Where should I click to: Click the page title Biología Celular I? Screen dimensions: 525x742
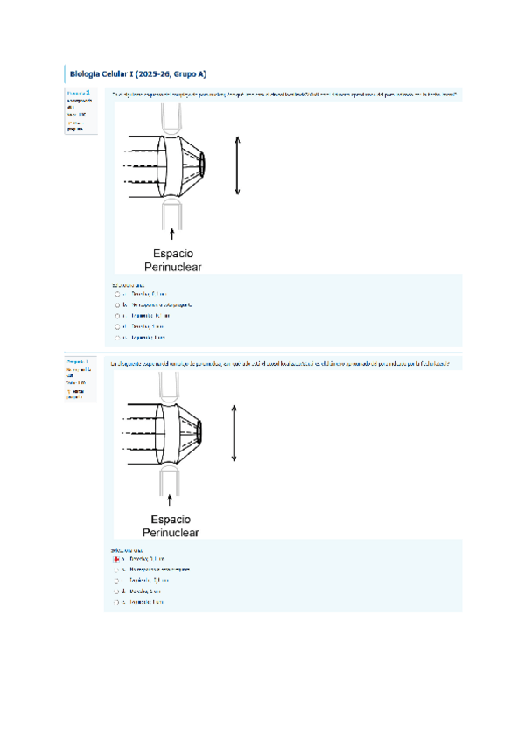click(137, 74)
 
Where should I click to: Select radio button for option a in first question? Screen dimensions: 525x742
click(116, 295)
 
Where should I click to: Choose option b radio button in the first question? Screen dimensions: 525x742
click(116, 305)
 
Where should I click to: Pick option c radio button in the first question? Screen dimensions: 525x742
click(116, 316)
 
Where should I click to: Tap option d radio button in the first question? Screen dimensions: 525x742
click(116, 326)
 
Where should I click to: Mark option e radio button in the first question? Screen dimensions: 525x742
click(116, 337)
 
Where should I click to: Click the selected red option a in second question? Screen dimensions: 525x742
click(116, 558)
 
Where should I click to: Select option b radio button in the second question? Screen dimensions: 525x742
click(116, 569)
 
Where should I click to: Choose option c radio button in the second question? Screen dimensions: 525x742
click(116, 580)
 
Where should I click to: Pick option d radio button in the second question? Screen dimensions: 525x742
click(116, 591)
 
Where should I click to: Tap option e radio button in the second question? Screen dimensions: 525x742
click(116, 602)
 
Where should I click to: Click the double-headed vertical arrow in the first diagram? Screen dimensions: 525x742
click(237, 165)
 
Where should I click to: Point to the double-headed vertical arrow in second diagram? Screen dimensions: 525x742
click(234, 431)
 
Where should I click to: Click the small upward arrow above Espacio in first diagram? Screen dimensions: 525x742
click(171, 231)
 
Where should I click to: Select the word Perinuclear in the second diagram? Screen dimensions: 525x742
click(171, 532)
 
